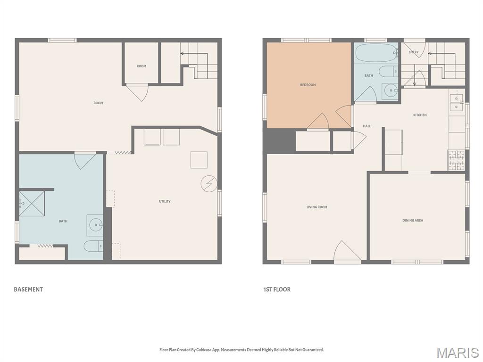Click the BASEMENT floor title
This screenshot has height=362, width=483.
pyautogui.click(x=28, y=289)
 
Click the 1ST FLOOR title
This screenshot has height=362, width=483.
pyautogui.click(x=277, y=289)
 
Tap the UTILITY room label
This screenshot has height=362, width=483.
pyautogui.click(x=165, y=201)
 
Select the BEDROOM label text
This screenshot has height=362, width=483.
pyautogui.click(x=308, y=85)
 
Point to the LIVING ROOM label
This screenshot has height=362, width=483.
pyautogui.click(x=316, y=207)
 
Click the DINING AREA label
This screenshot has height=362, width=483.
pyautogui.click(x=412, y=220)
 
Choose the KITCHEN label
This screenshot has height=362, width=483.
pyautogui.click(x=420, y=115)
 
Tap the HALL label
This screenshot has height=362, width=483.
pyautogui.click(x=366, y=126)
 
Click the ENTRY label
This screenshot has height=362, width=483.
pyautogui.click(x=413, y=52)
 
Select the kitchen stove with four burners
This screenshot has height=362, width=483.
pyautogui.click(x=456, y=159)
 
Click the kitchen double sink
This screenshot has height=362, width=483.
pyautogui.click(x=456, y=102)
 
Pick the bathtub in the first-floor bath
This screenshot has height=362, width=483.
pyautogui.click(x=376, y=53)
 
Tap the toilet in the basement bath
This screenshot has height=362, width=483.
pyautogui.click(x=93, y=246)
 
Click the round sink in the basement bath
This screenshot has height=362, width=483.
pyautogui.click(x=96, y=225)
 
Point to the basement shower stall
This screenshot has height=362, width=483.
pyautogui.click(x=32, y=204)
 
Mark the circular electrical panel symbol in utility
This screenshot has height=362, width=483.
pyautogui.click(x=208, y=183)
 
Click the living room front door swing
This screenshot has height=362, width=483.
pyautogui.click(x=347, y=252)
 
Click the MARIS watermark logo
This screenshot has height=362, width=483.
pyautogui.click(x=458, y=353)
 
